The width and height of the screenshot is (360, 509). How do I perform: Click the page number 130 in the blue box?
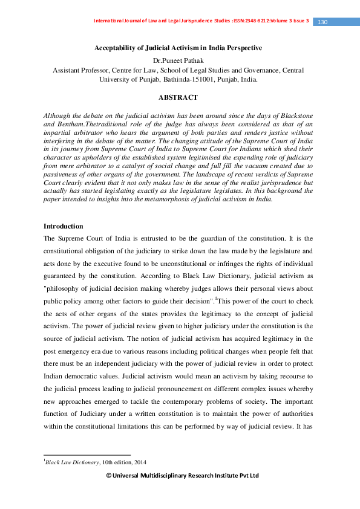coord(322,22)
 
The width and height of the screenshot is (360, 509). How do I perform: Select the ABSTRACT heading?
coord(178,97)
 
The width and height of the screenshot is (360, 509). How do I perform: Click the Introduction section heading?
coord(63,226)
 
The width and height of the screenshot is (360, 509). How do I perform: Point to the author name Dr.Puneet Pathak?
coord(178,60)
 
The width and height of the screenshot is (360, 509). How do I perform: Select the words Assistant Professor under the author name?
coord(82,70)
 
